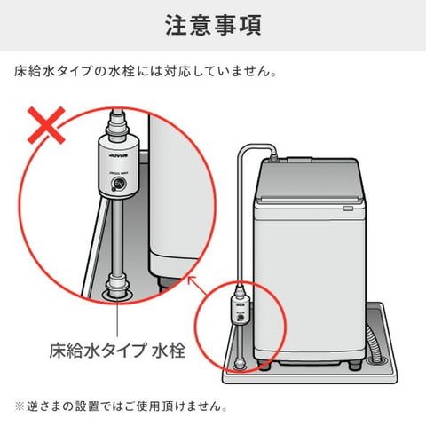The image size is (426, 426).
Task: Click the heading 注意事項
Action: point(213,25)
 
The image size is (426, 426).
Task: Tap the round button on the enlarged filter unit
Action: point(116,185)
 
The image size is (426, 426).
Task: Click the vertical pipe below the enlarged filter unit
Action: point(116,240)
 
